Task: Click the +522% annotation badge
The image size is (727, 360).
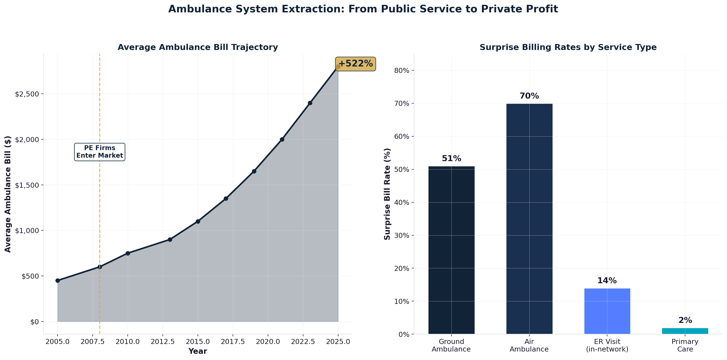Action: click(x=355, y=64)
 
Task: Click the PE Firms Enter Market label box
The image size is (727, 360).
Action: click(x=100, y=152)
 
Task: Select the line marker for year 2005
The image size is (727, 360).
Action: click(x=58, y=280)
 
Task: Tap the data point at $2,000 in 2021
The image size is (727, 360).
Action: click(x=282, y=139)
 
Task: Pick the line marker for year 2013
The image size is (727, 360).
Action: click(x=170, y=239)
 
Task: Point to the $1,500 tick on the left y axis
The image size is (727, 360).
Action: click(x=27, y=185)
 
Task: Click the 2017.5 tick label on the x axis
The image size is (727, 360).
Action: click(x=233, y=342)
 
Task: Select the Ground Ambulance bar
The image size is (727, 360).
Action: click(x=451, y=250)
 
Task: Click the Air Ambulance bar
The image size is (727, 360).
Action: click(x=529, y=219)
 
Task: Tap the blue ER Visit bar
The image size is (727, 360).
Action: click(x=607, y=311)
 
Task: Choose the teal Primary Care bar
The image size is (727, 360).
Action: click(x=685, y=331)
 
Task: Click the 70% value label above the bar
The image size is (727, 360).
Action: click(x=529, y=96)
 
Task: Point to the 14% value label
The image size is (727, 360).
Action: click(x=607, y=281)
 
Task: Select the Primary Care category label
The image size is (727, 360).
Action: click(x=685, y=345)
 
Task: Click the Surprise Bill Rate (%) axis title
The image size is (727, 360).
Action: click(x=387, y=194)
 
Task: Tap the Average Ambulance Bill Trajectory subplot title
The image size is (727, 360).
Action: click(x=198, y=47)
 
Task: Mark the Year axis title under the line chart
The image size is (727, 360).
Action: click(x=198, y=351)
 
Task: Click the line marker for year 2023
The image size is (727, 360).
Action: click(x=310, y=103)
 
